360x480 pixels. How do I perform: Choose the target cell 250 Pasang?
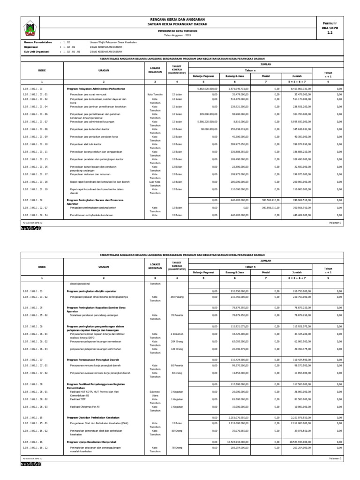coord(176,297)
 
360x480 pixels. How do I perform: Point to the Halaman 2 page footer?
coord(335,458)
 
